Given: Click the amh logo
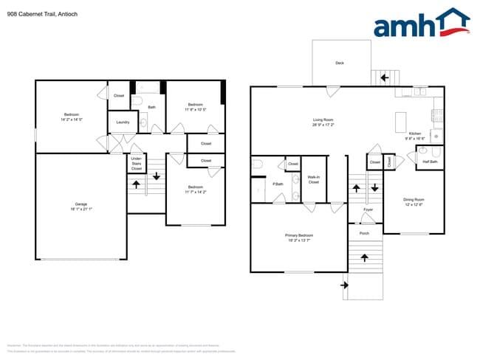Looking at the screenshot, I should click(421, 24).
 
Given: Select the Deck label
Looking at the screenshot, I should click(340, 63).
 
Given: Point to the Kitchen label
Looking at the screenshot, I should click(413, 135).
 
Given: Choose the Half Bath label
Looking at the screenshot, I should click(430, 162).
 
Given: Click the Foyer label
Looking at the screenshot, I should click(368, 210).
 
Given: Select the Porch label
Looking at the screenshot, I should click(364, 233).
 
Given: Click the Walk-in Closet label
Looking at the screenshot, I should click(313, 179).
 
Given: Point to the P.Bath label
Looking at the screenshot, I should click(278, 184).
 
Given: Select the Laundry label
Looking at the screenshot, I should click(123, 122).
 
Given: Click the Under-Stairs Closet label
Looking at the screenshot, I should click(137, 163).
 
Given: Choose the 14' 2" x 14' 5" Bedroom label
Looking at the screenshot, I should click(72, 117).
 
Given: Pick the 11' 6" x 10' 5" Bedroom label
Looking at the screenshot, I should click(195, 107).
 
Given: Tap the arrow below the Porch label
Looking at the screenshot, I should click(364, 257).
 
